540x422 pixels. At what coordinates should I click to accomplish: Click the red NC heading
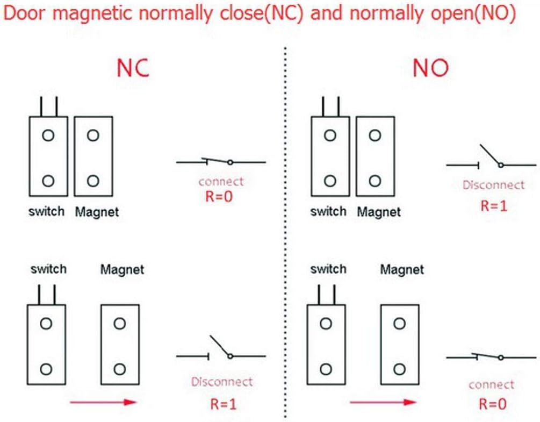[x=133, y=69]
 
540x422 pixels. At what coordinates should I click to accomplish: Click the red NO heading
[x=430, y=69]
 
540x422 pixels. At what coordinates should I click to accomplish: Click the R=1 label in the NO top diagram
[x=493, y=205]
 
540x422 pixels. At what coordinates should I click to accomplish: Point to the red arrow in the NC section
[x=102, y=402]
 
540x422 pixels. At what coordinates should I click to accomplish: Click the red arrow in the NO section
[x=383, y=402]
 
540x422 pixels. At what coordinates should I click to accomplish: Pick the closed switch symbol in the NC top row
[x=221, y=161]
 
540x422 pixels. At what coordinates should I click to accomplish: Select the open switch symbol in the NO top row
[x=491, y=159]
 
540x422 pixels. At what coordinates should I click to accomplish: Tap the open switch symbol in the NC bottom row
[x=221, y=351]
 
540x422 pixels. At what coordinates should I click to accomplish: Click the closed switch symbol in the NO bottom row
[x=491, y=356]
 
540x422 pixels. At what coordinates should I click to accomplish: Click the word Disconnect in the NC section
[x=221, y=382]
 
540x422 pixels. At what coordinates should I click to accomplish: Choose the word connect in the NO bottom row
[x=491, y=385]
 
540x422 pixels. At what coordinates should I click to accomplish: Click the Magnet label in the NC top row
[x=97, y=212]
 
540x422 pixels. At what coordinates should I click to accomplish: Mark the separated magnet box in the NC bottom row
[x=120, y=345]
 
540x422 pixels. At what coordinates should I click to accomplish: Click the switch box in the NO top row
[x=330, y=156]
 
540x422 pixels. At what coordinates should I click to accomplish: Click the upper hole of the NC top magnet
[x=93, y=135]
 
